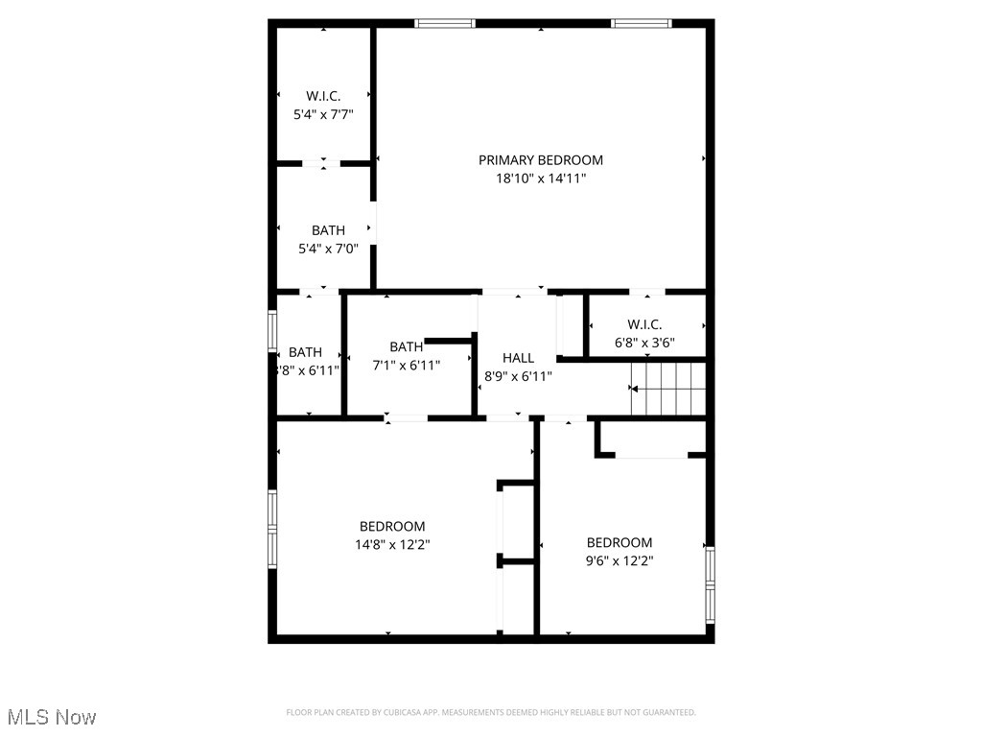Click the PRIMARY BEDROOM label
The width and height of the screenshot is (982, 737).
(x=541, y=160)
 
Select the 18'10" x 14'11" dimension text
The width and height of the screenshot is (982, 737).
(x=541, y=178)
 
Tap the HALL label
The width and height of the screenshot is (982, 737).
(x=518, y=358)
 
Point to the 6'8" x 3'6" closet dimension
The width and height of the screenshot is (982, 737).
(x=644, y=341)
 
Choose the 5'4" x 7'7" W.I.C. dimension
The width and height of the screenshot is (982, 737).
(x=323, y=113)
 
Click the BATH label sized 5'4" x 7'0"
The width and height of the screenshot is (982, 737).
(x=328, y=230)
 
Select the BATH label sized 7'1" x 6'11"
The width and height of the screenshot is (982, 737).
(x=406, y=346)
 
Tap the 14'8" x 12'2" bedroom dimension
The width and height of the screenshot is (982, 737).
(x=392, y=544)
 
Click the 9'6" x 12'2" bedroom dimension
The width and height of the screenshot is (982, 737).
(x=620, y=560)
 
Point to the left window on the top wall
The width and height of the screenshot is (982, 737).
(x=445, y=23)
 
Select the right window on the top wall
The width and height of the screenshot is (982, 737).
(x=642, y=23)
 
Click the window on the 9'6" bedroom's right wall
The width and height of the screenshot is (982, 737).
(x=710, y=584)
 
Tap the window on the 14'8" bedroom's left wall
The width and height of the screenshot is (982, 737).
(x=272, y=529)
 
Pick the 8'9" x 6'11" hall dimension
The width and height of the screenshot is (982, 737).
(x=518, y=376)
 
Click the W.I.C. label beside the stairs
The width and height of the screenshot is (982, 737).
(x=644, y=324)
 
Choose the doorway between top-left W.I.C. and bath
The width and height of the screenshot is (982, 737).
(x=323, y=164)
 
